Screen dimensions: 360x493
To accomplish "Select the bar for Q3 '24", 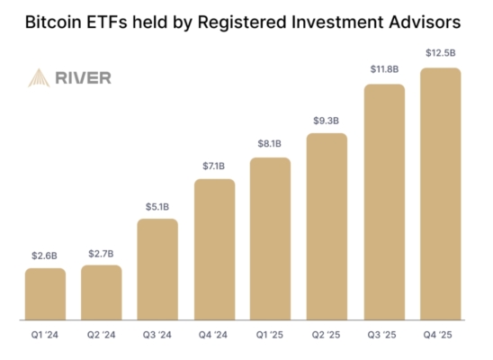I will (x=157, y=269).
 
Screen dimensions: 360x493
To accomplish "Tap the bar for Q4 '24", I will (x=214, y=249).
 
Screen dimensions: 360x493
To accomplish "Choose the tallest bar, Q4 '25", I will (x=440, y=193).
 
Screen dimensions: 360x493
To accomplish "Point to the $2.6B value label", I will (x=45, y=256).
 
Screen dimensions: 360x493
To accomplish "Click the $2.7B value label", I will (x=101, y=254).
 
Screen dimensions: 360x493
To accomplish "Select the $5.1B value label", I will (x=157, y=207).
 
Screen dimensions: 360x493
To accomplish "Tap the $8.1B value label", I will (x=270, y=143).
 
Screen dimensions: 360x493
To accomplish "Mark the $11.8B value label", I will (x=383, y=69).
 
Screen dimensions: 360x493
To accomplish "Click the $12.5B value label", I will (x=440, y=53).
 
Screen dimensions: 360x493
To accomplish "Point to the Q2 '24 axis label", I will (x=101, y=336).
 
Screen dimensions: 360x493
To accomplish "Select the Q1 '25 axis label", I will (x=270, y=336).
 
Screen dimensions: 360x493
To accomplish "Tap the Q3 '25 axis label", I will (x=383, y=336).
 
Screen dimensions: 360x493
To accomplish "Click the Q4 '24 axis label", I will (x=214, y=336).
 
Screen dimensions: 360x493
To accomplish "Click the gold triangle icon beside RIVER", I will (x=39, y=78).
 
